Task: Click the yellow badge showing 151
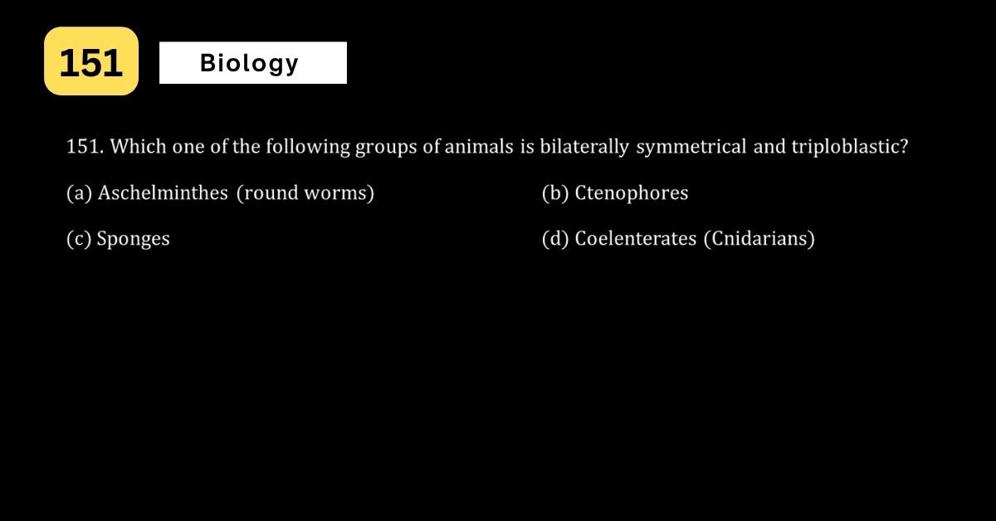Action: pos(91,61)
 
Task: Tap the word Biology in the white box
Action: pos(249,64)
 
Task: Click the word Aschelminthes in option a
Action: pos(163,193)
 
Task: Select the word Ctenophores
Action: pos(632,193)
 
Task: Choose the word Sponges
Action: pos(134,239)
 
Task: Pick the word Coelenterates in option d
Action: pos(636,239)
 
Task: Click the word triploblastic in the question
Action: pos(850,147)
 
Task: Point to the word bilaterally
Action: pos(584,147)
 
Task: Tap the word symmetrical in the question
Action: pos(691,147)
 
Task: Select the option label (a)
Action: pos(79,193)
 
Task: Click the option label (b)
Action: pos(555,193)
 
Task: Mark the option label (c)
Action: pos(79,239)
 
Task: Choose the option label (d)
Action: pos(555,239)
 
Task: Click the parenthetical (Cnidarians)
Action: pos(759,239)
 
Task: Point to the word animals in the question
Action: pos(479,147)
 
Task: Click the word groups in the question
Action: pos(386,148)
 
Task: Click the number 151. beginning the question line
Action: pos(85,147)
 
